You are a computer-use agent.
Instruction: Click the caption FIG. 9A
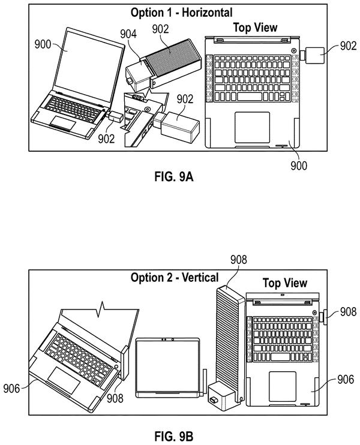(174, 176)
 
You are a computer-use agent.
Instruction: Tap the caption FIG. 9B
(174, 436)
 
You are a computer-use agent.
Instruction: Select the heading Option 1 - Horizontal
(181, 13)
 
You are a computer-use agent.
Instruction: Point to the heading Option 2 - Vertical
(175, 277)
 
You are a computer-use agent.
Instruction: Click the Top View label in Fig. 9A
(255, 27)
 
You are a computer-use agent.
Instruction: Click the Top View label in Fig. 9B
(285, 283)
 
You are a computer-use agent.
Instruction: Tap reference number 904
(128, 34)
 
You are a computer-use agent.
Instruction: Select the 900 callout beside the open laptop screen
(43, 44)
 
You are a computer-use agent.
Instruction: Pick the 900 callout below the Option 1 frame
(299, 166)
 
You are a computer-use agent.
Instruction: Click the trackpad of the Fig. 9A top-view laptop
(252, 127)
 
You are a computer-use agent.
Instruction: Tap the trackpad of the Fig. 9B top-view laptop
(282, 386)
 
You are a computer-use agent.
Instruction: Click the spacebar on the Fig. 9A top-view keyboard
(250, 97)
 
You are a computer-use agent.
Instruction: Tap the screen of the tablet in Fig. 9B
(167, 366)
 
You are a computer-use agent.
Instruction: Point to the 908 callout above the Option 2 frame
(238, 260)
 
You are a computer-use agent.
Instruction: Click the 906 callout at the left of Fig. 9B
(11, 388)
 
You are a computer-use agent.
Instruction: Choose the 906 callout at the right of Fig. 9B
(346, 379)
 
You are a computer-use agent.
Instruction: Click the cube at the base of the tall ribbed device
(222, 396)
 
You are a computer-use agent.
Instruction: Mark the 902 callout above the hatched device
(160, 29)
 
